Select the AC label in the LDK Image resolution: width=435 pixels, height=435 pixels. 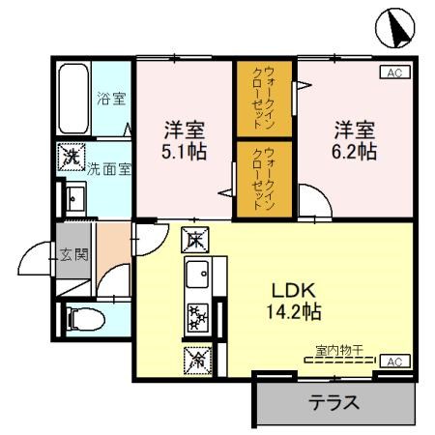tap(392, 361)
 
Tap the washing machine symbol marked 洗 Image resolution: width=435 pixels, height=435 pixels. tap(71, 157)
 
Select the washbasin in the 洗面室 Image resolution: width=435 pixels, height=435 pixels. tap(73, 199)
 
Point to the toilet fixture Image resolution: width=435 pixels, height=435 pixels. tap(77, 315)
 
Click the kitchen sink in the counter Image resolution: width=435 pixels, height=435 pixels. tap(198, 275)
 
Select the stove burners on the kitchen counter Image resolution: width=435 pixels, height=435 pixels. tap(197, 316)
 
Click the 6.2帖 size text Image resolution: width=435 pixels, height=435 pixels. tap(355, 153)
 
